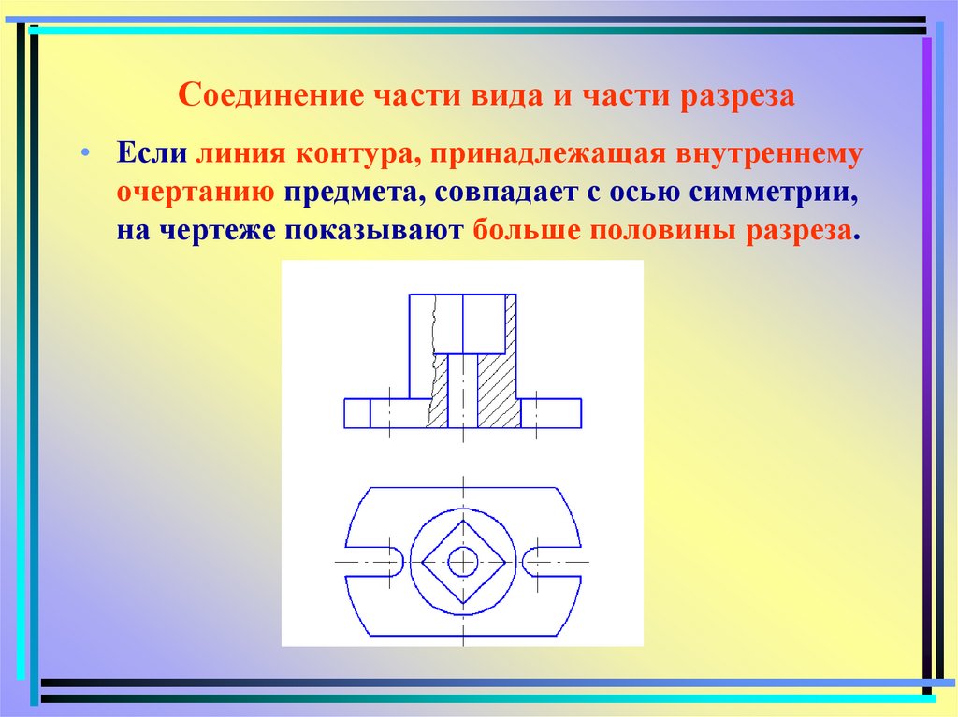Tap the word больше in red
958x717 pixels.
(526, 231)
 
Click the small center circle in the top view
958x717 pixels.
(462, 562)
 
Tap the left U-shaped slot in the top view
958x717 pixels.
(384, 562)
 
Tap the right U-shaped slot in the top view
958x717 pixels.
(541, 562)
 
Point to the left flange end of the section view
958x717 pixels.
(357, 413)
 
